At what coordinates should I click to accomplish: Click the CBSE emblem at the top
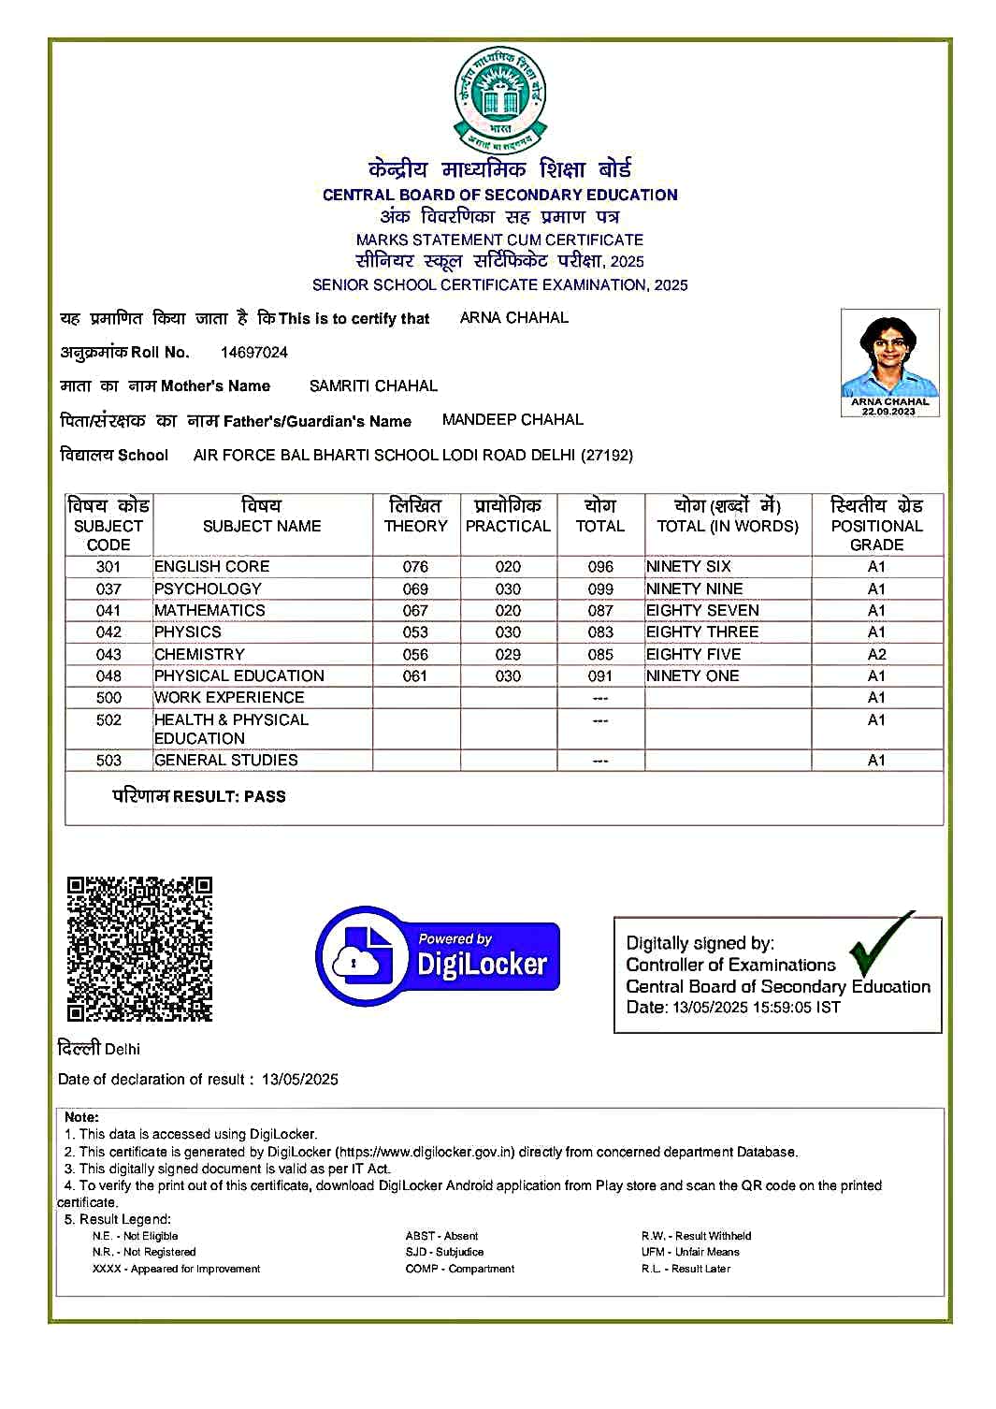click(499, 96)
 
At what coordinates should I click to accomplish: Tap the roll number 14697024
click(254, 353)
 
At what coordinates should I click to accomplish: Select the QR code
click(139, 949)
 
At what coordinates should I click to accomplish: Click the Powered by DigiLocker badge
click(438, 955)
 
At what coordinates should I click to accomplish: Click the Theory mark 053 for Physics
click(415, 632)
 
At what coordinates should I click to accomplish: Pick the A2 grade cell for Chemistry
click(876, 655)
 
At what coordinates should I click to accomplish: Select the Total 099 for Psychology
click(600, 589)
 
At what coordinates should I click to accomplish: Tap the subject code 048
click(108, 676)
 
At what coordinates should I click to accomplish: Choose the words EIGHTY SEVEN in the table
click(702, 611)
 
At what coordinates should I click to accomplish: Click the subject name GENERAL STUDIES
click(226, 761)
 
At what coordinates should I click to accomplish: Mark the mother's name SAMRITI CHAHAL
click(373, 386)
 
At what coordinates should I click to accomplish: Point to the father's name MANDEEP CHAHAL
click(512, 420)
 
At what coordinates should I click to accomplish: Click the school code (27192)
click(607, 456)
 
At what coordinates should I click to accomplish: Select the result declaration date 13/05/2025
click(300, 1080)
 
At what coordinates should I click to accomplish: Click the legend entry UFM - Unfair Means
click(690, 1253)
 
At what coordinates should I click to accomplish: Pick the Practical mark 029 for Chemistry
click(508, 655)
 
